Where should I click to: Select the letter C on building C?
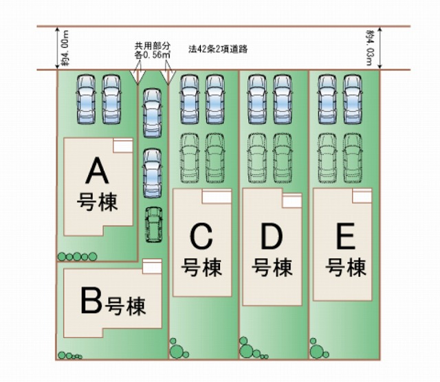tap(202, 238)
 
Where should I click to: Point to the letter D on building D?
tap(273, 238)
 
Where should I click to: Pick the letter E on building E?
tap(344, 238)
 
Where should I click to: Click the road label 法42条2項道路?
tap(218, 50)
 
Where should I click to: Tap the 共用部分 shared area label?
tap(153, 46)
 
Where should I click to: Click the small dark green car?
tap(153, 225)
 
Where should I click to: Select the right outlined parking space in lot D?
tap(283, 157)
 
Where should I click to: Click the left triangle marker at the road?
tap(138, 74)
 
